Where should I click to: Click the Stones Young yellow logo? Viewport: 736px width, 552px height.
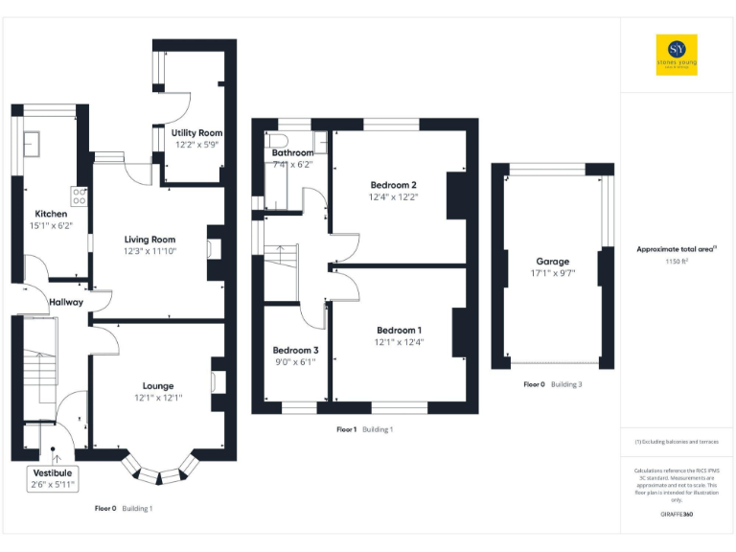[677, 55]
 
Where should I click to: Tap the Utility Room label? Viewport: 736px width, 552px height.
[197, 132]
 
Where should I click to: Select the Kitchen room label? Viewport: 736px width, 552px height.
[51, 214]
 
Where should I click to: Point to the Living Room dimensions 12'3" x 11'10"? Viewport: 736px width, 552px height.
[149, 251]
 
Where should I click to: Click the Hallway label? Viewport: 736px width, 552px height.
[66, 302]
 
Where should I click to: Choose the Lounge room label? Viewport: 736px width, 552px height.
[158, 385]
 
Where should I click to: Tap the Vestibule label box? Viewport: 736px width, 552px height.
[53, 479]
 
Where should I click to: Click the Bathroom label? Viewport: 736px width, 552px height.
[292, 152]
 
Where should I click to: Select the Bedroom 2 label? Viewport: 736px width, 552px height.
[393, 184]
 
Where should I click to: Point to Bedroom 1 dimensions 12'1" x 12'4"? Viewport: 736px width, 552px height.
[399, 342]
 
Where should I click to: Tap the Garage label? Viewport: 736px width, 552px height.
[553, 261]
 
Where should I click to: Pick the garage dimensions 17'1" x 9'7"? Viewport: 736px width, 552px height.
[553, 273]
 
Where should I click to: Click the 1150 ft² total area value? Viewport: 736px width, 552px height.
[677, 261]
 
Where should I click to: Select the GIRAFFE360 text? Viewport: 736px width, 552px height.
[677, 515]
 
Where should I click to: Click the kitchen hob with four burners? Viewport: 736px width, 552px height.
[80, 195]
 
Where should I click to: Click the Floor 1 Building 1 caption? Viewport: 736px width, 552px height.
[364, 429]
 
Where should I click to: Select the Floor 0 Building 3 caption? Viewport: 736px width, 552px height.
[553, 384]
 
